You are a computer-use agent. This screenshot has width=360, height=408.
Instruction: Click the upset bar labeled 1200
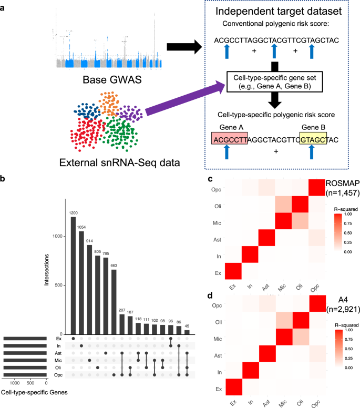[73, 276]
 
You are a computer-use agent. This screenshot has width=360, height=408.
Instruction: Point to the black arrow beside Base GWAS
[183, 48]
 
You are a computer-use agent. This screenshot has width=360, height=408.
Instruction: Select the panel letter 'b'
[4, 179]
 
